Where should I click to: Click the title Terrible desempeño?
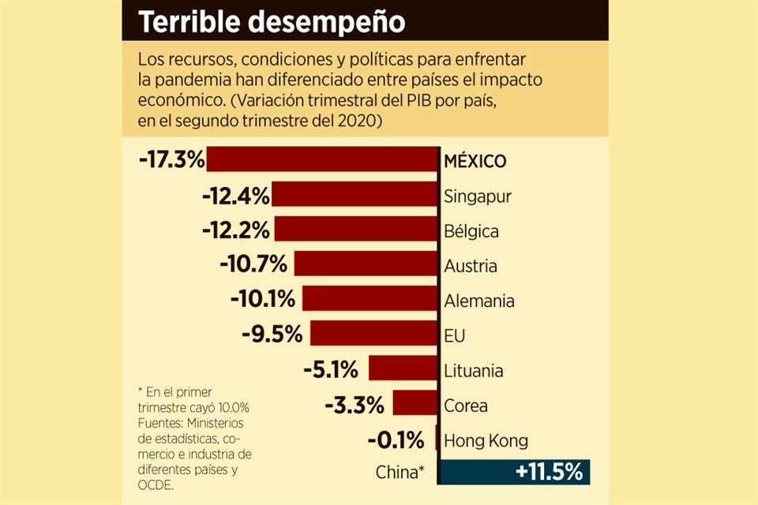272,22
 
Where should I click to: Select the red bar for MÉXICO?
322,159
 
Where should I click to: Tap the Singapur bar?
355,195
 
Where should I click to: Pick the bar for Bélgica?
356,230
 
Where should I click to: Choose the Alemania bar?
370,299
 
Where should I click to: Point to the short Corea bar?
415,405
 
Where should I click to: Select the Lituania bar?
403,368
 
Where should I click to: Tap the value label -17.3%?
171,159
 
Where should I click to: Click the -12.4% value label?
235,195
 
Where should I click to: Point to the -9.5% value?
272,334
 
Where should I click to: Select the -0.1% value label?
396,440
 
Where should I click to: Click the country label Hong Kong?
486,440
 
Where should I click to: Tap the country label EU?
455,336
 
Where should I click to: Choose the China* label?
400,473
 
